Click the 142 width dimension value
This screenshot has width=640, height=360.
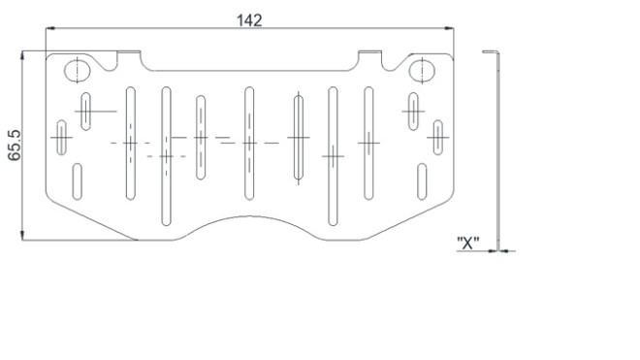249,20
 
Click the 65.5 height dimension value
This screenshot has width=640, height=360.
15,145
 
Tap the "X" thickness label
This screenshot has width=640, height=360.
467,243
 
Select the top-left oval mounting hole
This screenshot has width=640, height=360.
78,71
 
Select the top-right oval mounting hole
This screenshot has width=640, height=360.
422,70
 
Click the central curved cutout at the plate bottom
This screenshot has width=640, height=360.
249,216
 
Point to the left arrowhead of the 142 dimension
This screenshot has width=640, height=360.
50,28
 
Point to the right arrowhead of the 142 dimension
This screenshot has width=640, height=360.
449,28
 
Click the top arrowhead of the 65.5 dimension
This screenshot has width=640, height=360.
22,55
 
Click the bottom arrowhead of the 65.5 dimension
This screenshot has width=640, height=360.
22,235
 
